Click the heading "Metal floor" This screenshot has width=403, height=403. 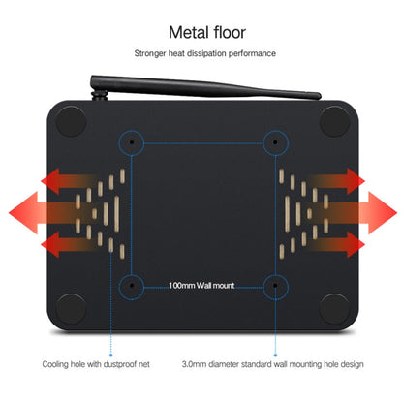(x=207, y=32)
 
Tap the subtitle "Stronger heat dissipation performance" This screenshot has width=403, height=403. (x=205, y=53)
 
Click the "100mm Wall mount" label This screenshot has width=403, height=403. (x=201, y=286)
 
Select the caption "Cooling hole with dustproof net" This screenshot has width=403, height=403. (x=96, y=364)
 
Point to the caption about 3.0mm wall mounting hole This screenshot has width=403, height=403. (x=272, y=364)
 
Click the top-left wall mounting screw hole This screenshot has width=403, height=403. (x=132, y=141)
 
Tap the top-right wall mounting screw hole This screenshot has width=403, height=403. (x=275, y=141)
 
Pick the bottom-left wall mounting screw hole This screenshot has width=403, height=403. (x=132, y=285)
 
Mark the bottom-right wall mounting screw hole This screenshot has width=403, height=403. (x=275, y=285)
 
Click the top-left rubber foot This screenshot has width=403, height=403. (x=72, y=121)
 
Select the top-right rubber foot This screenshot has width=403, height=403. (x=335, y=121)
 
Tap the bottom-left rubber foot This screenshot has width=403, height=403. (x=72, y=308)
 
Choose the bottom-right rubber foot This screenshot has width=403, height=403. (x=335, y=308)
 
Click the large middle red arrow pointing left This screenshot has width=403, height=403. (x=48, y=213)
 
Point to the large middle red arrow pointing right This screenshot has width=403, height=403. (x=356, y=213)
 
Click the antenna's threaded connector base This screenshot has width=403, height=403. (x=100, y=95)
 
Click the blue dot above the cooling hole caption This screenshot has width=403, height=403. (x=111, y=356)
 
